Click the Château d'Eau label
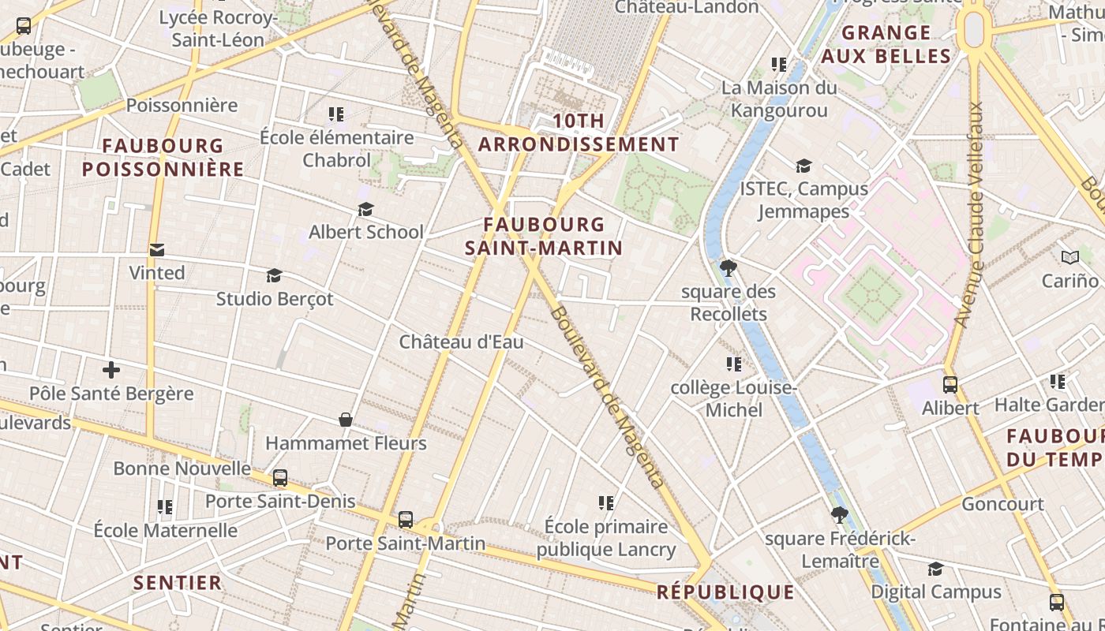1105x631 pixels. click(461, 342)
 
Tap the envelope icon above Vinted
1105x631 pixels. click(157, 250)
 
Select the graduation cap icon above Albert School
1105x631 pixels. click(365, 209)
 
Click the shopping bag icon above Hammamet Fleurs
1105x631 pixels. click(346, 419)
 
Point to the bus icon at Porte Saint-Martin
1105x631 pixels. click(406, 520)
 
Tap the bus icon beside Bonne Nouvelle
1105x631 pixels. click(280, 478)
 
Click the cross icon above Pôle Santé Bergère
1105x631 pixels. click(111, 369)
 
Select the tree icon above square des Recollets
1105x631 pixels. click(729, 268)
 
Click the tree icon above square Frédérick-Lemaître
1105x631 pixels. click(840, 516)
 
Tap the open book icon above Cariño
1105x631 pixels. click(1070, 257)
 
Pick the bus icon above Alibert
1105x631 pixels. click(950, 385)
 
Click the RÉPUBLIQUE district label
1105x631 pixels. click(725, 592)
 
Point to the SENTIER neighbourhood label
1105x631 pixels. click(178, 583)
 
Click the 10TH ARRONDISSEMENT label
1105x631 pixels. click(579, 133)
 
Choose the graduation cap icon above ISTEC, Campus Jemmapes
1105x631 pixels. click(803, 166)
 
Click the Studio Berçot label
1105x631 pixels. click(275, 300)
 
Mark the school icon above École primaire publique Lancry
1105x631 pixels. click(606, 502)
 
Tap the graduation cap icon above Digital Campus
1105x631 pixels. click(935, 569)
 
